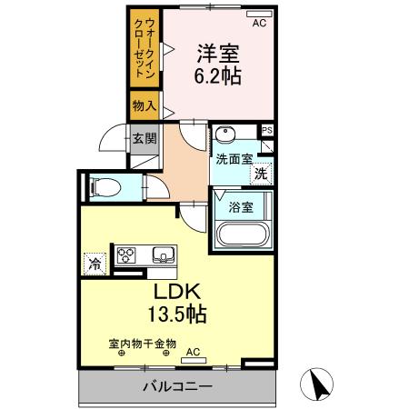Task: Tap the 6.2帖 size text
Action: point(219,76)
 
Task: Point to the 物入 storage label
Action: point(144,106)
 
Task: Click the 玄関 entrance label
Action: point(145,139)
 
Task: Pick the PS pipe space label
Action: point(266,131)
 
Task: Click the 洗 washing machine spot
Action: point(261,173)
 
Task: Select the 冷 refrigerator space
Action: point(94,264)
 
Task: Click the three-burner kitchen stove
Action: point(125,254)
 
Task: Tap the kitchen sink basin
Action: point(164,254)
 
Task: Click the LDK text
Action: point(176,293)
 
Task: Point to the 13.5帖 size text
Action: point(176,315)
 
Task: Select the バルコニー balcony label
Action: point(176,387)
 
